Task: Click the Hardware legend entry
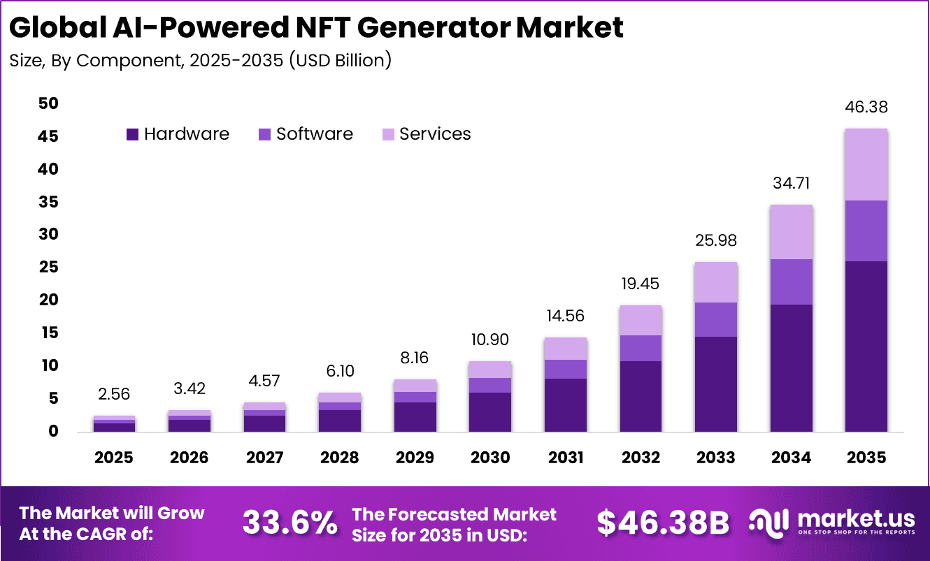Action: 178,134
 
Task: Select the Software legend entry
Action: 306,134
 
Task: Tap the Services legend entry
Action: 426,134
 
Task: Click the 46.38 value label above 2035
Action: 866,108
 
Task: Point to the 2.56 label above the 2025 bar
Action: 114,395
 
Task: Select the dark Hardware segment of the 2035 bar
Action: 866,346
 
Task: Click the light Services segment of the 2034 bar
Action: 791,232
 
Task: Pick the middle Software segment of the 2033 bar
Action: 716,319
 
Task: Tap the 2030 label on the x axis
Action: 490,458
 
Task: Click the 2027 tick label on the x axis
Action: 265,458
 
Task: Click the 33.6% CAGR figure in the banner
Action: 289,522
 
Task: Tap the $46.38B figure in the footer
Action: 662,522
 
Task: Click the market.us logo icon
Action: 769,522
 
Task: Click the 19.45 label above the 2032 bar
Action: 641,284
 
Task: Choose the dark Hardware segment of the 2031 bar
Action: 566,405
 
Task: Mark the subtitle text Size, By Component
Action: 94,61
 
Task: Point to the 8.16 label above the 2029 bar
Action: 415,358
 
